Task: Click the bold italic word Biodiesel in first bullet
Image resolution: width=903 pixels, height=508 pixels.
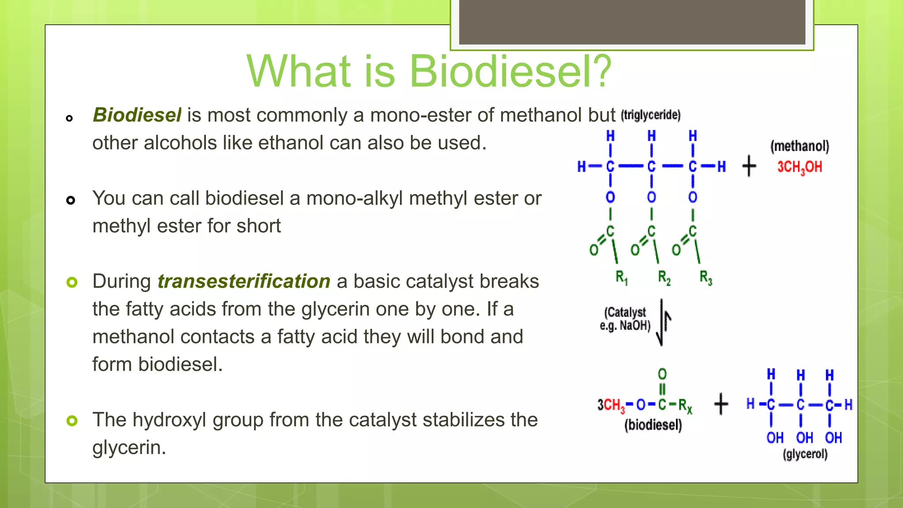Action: (x=137, y=115)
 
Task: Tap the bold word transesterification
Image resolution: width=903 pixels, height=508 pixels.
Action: (x=244, y=281)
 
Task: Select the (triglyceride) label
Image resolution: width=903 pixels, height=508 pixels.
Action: (x=651, y=115)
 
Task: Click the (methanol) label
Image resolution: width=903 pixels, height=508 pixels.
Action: (x=799, y=146)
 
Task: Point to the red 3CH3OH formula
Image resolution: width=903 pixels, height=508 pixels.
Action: (x=799, y=167)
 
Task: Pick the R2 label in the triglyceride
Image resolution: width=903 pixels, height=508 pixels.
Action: (x=664, y=278)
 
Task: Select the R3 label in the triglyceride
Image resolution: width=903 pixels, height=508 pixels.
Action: (x=705, y=278)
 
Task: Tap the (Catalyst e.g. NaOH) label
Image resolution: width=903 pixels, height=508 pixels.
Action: (x=625, y=319)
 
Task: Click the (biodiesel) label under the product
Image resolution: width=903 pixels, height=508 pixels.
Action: (x=653, y=425)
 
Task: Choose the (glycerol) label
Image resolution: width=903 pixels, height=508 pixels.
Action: (x=805, y=454)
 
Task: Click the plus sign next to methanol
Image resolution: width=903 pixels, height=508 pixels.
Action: (x=749, y=166)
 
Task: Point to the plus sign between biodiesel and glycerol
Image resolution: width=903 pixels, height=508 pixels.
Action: (x=721, y=404)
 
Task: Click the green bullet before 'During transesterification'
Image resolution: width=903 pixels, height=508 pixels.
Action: (x=71, y=282)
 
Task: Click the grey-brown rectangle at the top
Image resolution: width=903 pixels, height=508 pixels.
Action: (x=632, y=22)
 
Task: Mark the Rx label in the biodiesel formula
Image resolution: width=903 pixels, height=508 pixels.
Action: (x=685, y=406)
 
